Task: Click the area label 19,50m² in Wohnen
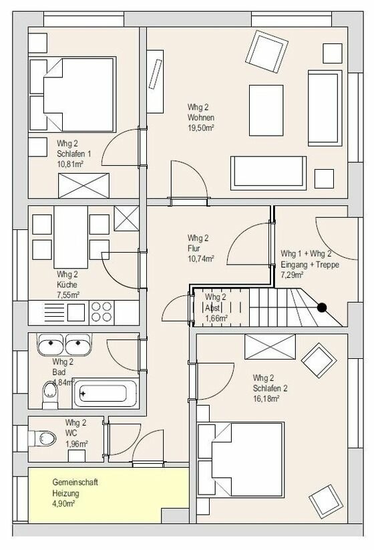201,128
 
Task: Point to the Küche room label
67,284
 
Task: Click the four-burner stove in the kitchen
102,312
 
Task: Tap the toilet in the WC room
45,438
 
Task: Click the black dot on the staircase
322,308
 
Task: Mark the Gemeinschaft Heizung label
66,488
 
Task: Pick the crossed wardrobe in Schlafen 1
83,185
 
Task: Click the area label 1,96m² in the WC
76,442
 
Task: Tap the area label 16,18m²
266,398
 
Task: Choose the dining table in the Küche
70,235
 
